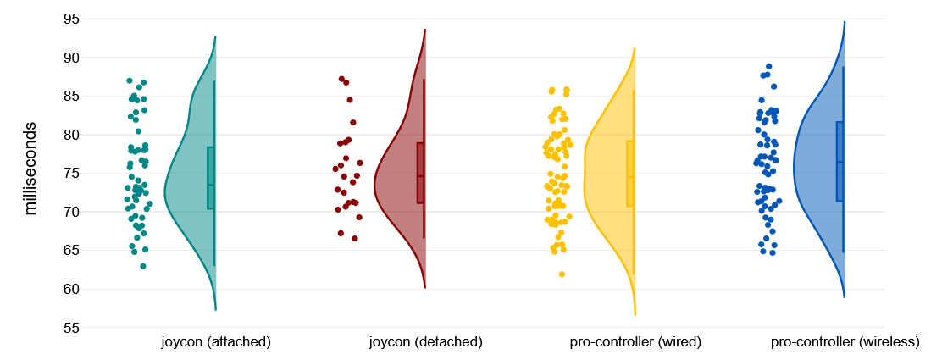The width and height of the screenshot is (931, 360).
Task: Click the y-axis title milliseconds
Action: coord(30,169)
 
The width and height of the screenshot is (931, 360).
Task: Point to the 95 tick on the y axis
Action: coord(71,19)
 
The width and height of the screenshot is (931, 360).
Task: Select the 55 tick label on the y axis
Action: coord(71,328)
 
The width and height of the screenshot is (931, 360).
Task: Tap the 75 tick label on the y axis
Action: coord(71,174)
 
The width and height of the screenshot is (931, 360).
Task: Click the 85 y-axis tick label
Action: coord(71,97)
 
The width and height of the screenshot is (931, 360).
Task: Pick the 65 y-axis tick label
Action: coord(71,251)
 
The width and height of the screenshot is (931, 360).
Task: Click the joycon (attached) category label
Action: coord(216,342)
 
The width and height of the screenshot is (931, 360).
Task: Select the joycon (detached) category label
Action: coord(425,342)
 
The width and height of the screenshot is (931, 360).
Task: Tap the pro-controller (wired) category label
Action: coord(635,342)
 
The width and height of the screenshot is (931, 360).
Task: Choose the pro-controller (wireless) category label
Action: coord(845,342)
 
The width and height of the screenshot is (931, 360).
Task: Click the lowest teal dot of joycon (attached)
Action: coord(143,266)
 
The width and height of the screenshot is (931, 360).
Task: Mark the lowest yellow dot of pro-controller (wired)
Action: coord(562,274)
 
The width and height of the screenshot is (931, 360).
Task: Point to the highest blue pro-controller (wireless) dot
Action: coord(768,66)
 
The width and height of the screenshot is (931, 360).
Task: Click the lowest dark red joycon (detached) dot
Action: coord(355,238)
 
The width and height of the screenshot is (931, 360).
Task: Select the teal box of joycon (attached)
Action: coord(211,178)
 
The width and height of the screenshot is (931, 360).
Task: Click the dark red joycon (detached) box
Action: coord(421,173)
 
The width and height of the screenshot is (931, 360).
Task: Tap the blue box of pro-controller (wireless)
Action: coord(840,161)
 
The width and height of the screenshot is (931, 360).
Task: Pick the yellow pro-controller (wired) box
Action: coord(630,174)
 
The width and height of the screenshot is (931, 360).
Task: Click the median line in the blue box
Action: coord(840,162)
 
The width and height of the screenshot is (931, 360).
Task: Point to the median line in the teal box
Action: coord(211,185)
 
